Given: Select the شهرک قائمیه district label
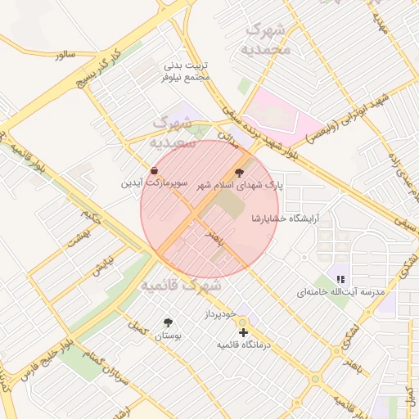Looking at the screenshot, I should point(180,286).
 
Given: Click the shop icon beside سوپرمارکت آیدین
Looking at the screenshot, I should point(155,170).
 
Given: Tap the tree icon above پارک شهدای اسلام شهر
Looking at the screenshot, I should point(239,173).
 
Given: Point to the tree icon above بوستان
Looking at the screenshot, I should point(169,322).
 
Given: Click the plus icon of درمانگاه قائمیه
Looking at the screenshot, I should point(243,332).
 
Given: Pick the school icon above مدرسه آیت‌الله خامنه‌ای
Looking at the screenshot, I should point(340,279).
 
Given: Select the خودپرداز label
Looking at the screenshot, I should point(221,313).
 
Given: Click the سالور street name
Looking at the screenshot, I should point(65,55).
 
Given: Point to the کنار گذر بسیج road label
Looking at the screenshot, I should point(99,68).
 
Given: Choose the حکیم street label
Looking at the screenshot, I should point(92,214).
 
